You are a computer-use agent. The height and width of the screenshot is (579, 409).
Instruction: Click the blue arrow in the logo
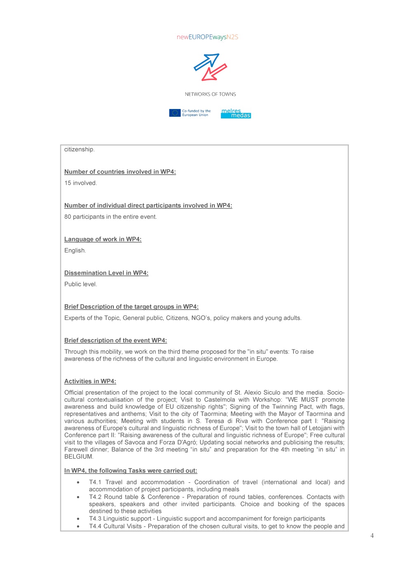(x=207, y=61)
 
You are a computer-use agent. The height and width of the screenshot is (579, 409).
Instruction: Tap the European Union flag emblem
(x=175, y=113)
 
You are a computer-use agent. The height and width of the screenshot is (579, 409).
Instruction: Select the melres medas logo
(x=236, y=113)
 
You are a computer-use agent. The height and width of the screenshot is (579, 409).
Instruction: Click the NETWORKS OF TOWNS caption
(x=210, y=94)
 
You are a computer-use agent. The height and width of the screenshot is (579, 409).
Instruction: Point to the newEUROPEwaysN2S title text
(x=207, y=37)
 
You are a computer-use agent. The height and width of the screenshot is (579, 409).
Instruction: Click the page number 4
(x=372, y=536)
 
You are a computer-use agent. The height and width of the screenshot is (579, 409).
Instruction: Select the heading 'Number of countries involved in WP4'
(x=120, y=172)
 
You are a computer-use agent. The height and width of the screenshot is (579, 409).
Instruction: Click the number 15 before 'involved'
(x=68, y=183)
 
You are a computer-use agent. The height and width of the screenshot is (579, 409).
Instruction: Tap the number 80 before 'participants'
(x=68, y=217)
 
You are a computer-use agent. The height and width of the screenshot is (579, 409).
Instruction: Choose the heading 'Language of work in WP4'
(x=103, y=239)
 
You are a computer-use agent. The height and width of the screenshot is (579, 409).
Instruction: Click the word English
(x=75, y=251)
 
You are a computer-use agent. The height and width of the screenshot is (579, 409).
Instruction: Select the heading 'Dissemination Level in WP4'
(x=106, y=273)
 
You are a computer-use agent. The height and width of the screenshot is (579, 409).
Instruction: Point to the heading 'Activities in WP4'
(x=90, y=381)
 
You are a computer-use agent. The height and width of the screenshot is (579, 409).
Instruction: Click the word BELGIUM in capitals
(x=78, y=456)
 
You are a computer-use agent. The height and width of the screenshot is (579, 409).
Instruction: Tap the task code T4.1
(x=95, y=482)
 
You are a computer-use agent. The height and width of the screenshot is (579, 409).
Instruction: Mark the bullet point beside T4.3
(x=78, y=519)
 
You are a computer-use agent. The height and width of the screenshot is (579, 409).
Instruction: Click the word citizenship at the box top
(x=79, y=149)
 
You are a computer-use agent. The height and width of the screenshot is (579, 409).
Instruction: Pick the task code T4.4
(x=95, y=526)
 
